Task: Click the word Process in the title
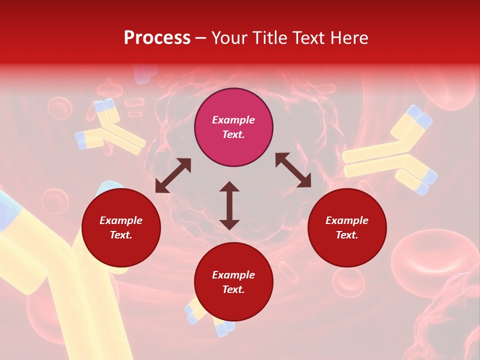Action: tap(157, 38)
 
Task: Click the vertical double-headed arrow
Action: tap(229, 205)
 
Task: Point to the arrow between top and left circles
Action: tap(173, 175)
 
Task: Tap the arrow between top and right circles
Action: tap(293, 170)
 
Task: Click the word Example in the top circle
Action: tap(233, 120)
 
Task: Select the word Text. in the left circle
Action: tap(121, 235)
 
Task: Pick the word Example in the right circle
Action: tap(347, 220)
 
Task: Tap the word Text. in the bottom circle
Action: tap(233, 289)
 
